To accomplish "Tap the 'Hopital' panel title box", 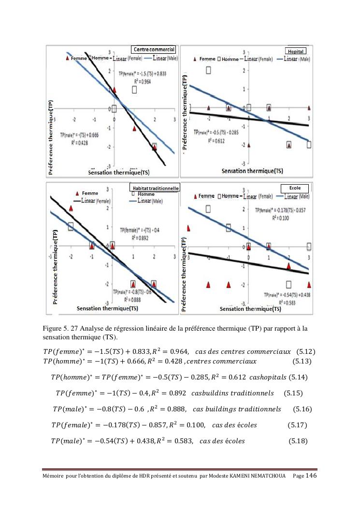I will click(x=295, y=51).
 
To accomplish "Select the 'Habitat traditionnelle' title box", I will click(x=155, y=188).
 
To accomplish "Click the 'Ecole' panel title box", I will click(x=295, y=188).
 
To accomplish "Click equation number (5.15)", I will click(x=294, y=393).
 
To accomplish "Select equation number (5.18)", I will click(x=298, y=441).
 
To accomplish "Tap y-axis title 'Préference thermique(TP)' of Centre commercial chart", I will click(x=51, y=141).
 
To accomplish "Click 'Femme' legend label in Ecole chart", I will click(x=206, y=196).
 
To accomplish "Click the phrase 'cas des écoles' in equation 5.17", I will click(x=234, y=425).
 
